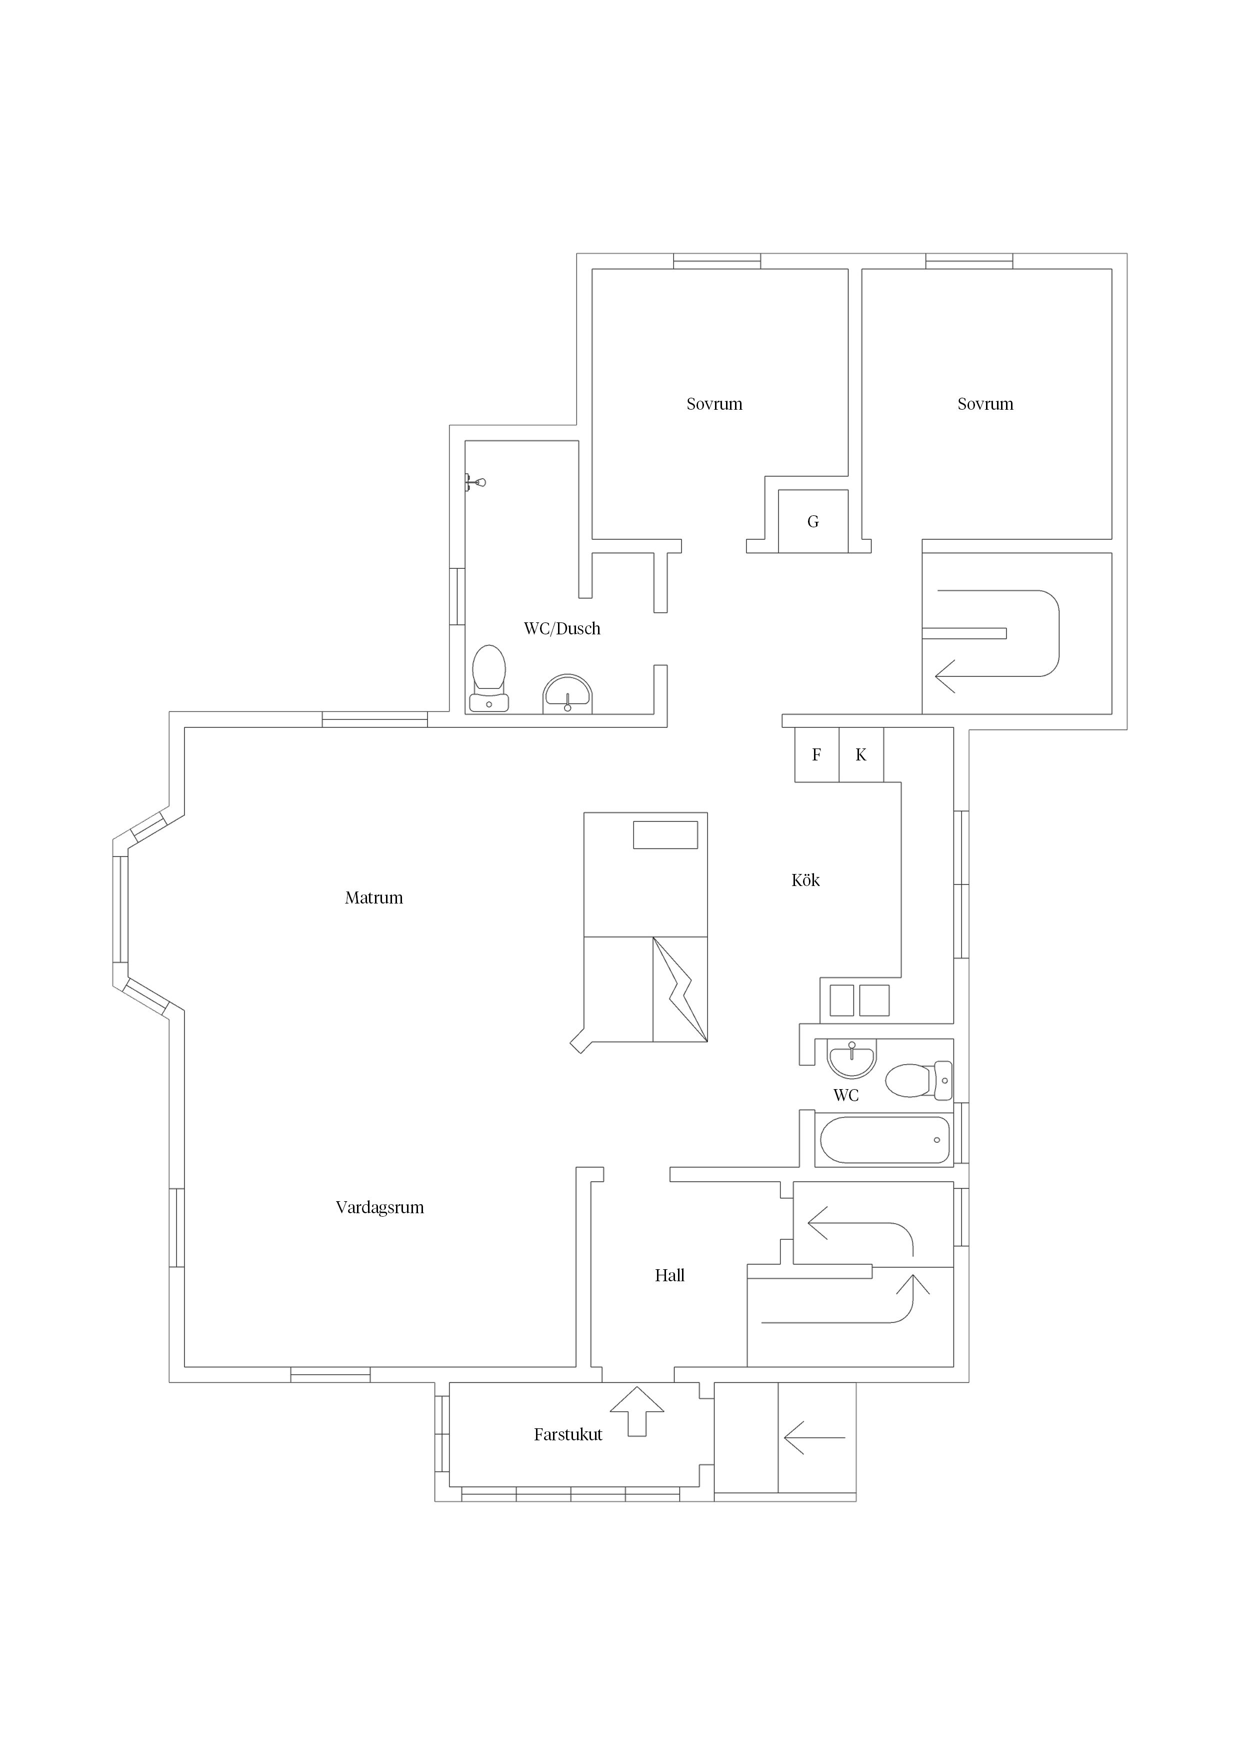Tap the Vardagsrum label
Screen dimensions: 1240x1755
[x=379, y=1208]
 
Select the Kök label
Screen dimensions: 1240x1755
[x=805, y=881]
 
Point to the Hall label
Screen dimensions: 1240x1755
[x=669, y=1276]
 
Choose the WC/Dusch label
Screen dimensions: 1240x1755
[x=562, y=629]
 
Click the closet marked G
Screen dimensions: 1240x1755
[x=813, y=521]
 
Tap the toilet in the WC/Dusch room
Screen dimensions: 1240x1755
[x=489, y=679]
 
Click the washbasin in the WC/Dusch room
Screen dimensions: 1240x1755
[x=567, y=694]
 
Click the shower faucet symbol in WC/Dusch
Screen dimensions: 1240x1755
[x=475, y=482]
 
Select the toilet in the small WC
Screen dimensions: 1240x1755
[x=918, y=1080]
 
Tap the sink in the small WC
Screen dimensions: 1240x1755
[x=852, y=1059]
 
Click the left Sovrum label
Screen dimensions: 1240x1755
[x=714, y=404]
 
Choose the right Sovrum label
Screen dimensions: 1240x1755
[x=985, y=404]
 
